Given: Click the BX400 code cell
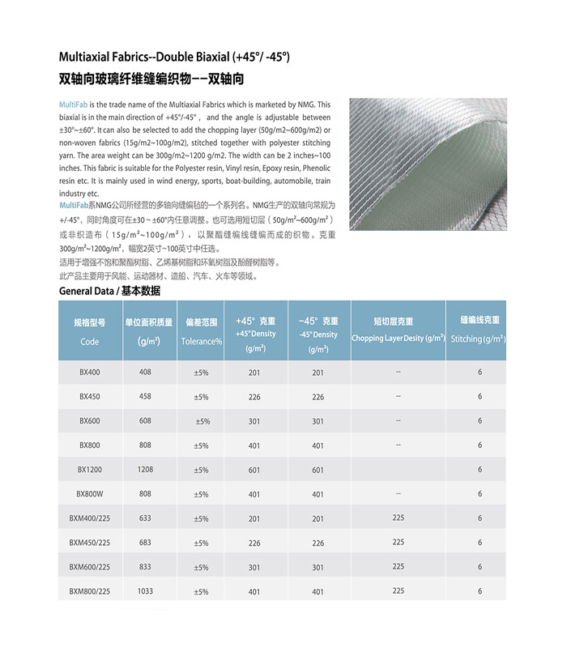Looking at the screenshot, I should click(x=90, y=373).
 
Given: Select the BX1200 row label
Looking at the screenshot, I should click(x=90, y=470).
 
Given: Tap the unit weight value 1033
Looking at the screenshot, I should click(x=146, y=591).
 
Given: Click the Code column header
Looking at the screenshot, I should click(x=90, y=332).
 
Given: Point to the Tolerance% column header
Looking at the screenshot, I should click(x=201, y=332).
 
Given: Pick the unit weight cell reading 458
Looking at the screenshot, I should click(x=146, y=397).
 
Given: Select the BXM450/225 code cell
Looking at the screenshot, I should click(x=90, y=543).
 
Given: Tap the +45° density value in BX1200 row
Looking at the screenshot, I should click(x=254, y=470).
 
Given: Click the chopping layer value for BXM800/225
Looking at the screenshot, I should click(x=399, y=591).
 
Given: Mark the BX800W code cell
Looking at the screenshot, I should click(x=90, y=494).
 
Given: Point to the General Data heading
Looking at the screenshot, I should click(x=109, y=291).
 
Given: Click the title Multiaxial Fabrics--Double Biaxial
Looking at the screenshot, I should click(x=174, y=58).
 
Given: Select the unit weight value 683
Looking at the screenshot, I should click(x=146, y=543).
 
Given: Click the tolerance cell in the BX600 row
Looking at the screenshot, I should click(x=202, y=421).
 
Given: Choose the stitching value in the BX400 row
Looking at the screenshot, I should click(x=480, y=373).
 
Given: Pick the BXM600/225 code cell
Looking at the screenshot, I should click(x=90, y=567).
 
